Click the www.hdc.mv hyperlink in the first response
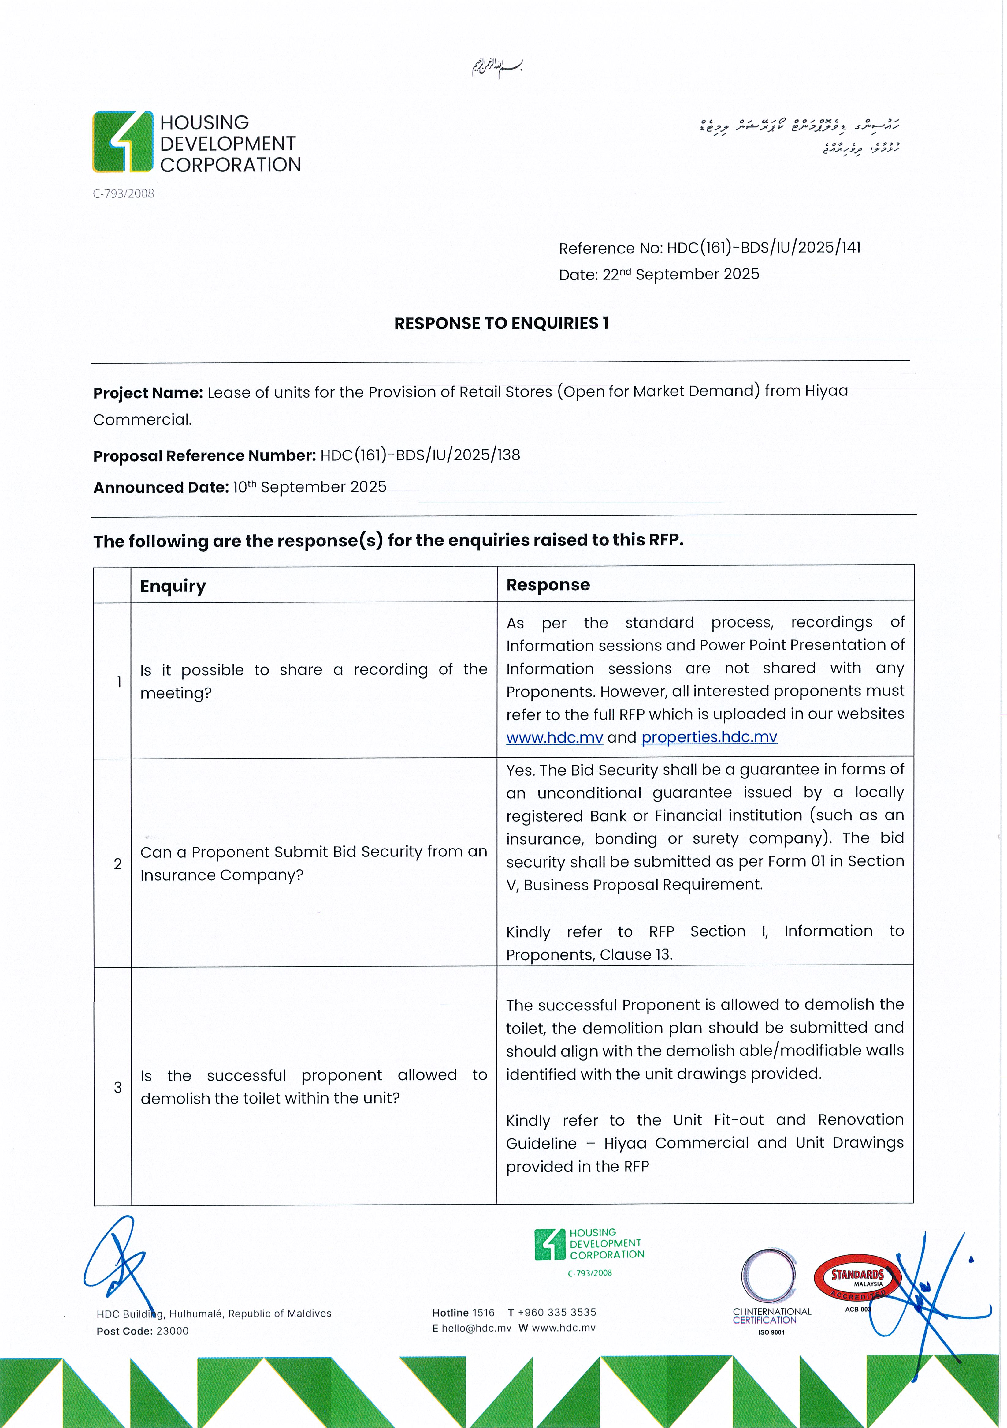tap(555, 738)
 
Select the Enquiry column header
tap(173, 586)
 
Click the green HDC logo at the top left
tap(123, 142)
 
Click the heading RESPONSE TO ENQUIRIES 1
tap(501, 324)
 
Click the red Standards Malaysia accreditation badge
tap(858, 1276)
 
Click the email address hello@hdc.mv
tap(476, 1328)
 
